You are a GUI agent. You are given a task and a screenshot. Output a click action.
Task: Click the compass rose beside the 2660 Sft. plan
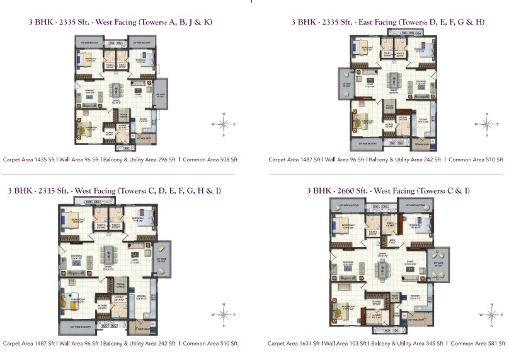coord(489,313)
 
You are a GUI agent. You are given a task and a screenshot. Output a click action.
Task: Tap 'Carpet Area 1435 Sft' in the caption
coord(30,160)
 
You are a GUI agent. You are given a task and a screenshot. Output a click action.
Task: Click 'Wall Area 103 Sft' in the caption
coord(346,344)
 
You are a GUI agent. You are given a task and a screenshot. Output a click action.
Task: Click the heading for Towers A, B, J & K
coord(120,21)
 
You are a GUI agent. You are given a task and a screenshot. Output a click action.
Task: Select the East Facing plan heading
coord(387,21)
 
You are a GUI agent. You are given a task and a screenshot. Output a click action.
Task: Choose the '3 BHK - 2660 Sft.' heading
coord(388,190)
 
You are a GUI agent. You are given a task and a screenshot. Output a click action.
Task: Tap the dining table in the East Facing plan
coord(394,80)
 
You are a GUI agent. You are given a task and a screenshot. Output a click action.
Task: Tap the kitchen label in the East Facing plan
coord(422,118)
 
